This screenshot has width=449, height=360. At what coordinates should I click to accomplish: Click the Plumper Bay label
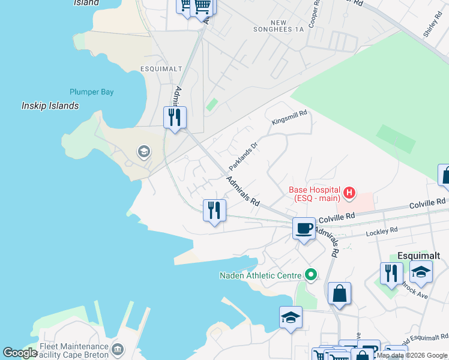pyautogui.click(x=91, y=92)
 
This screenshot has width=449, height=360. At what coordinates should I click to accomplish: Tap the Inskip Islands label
pyautogui.click(x=50, y=106)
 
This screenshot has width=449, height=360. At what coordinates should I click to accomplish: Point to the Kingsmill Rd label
pyautogui.click(x=289, y=116)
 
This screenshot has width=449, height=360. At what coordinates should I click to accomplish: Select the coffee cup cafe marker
pyautogui.click(x=304, y=228)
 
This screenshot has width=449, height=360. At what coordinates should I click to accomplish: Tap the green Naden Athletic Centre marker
pyautogui.click(x=310, y=275)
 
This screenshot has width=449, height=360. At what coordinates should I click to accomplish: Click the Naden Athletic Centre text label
pyautogui.click(x=259, y=275)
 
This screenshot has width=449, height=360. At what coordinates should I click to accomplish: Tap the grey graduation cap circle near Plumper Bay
pyautogui.click(x=143, y=151)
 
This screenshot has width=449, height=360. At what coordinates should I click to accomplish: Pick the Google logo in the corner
pyautogui.click(x=20, y=353)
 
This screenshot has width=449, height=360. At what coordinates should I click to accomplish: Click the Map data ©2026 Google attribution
pyautogui.click(x=412, y=355)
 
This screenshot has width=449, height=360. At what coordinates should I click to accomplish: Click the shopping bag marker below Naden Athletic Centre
pyautogui.click(x=339, y=293)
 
